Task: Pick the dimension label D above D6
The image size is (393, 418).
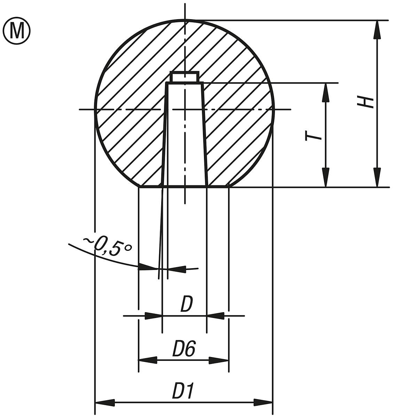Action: pos(186,304)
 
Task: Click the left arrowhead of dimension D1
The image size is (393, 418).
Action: pos(104,403)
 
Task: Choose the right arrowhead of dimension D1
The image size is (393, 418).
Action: pos(263,403)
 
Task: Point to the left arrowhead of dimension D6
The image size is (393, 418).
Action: pos(148,360)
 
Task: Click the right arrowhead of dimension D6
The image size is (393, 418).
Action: pos(219,360)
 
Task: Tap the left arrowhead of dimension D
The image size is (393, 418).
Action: pos(154,316)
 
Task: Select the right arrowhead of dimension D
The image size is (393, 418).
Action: pos(215,316)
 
